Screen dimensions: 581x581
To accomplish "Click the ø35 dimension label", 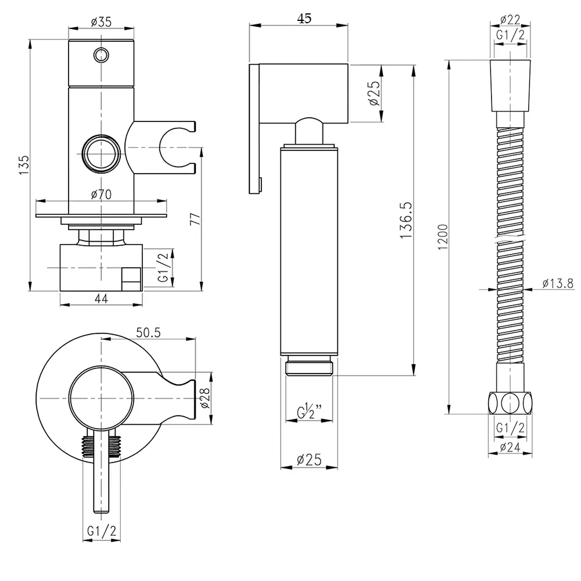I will (x=102, y=22).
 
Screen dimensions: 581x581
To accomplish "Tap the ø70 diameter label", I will (x=101, y=195).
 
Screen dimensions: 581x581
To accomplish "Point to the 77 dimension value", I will (x=195, y=219).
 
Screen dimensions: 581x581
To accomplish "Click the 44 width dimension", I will (x=101, y=298).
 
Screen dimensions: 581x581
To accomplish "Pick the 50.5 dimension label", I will (x=149, y=332).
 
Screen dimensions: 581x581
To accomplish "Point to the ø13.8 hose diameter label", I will (x=558, y=284).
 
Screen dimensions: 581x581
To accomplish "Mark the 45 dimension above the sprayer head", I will (x=304, y=18).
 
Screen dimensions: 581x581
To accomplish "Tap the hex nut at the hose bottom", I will (x=510, y=403).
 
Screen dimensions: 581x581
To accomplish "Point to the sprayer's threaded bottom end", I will (x=309, y=367).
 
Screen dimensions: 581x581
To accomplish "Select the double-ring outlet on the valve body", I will (x=102, y=154).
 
